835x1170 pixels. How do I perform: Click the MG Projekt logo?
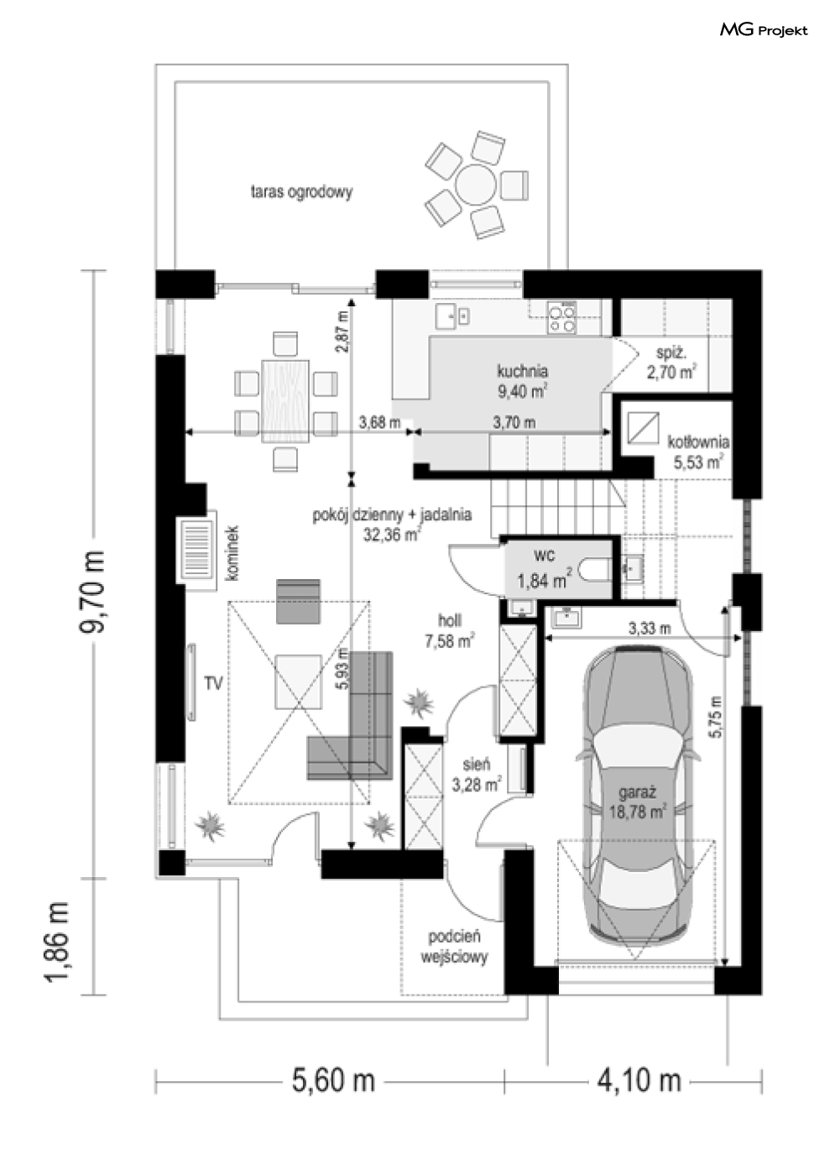coord(763,30)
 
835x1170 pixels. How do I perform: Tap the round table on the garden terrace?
coord(476,183)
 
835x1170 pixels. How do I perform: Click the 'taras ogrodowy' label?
coord(301,191)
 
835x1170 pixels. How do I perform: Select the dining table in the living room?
coord(285,400)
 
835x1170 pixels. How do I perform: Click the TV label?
coord(213,684)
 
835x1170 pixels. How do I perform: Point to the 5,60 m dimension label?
coord(333,1079)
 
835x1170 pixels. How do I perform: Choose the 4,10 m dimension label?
coord(639,1079)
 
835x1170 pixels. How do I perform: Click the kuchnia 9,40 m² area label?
coord(522,379)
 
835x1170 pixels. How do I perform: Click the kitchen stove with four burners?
coord(561,316)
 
